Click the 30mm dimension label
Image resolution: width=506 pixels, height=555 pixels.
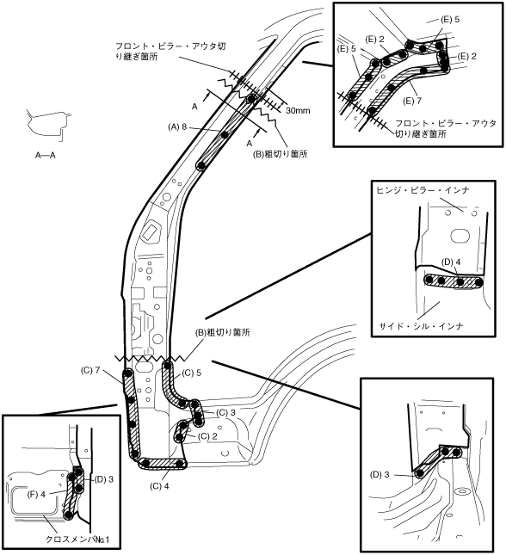(x=298, y=110)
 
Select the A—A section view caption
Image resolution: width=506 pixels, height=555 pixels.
(x=46, y=155)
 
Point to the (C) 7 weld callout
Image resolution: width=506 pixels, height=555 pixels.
(x=90, y=371)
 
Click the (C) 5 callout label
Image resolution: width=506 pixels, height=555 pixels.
(x=192, y=373)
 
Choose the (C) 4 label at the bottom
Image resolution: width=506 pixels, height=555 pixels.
(x=159, y=486)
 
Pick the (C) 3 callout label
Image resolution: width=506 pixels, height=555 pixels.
(x=225, y=413)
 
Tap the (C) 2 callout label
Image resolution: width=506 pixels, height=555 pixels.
(x=207, y=436)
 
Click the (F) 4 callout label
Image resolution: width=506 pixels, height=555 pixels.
(x=36, y=494)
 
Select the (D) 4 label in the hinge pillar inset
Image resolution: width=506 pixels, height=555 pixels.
(x=451, y=262)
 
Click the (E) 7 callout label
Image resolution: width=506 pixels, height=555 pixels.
(x=412, y=101)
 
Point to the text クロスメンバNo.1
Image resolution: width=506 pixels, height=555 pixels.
(x=78, y=539)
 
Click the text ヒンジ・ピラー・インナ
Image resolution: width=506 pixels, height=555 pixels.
(x=423, y=190)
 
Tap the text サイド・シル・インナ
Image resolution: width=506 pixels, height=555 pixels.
(x=422, y=325)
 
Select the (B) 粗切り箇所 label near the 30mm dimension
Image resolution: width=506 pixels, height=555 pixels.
(x=280, y=154)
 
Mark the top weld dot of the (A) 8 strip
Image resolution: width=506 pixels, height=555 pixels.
(x=251, y=99)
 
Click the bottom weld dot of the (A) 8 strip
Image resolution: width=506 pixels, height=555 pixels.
(x=201, y=165)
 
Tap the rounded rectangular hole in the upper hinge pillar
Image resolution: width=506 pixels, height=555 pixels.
(x=151, y=231)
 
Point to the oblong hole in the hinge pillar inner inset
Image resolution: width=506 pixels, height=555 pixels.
(x=460, y=236)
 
